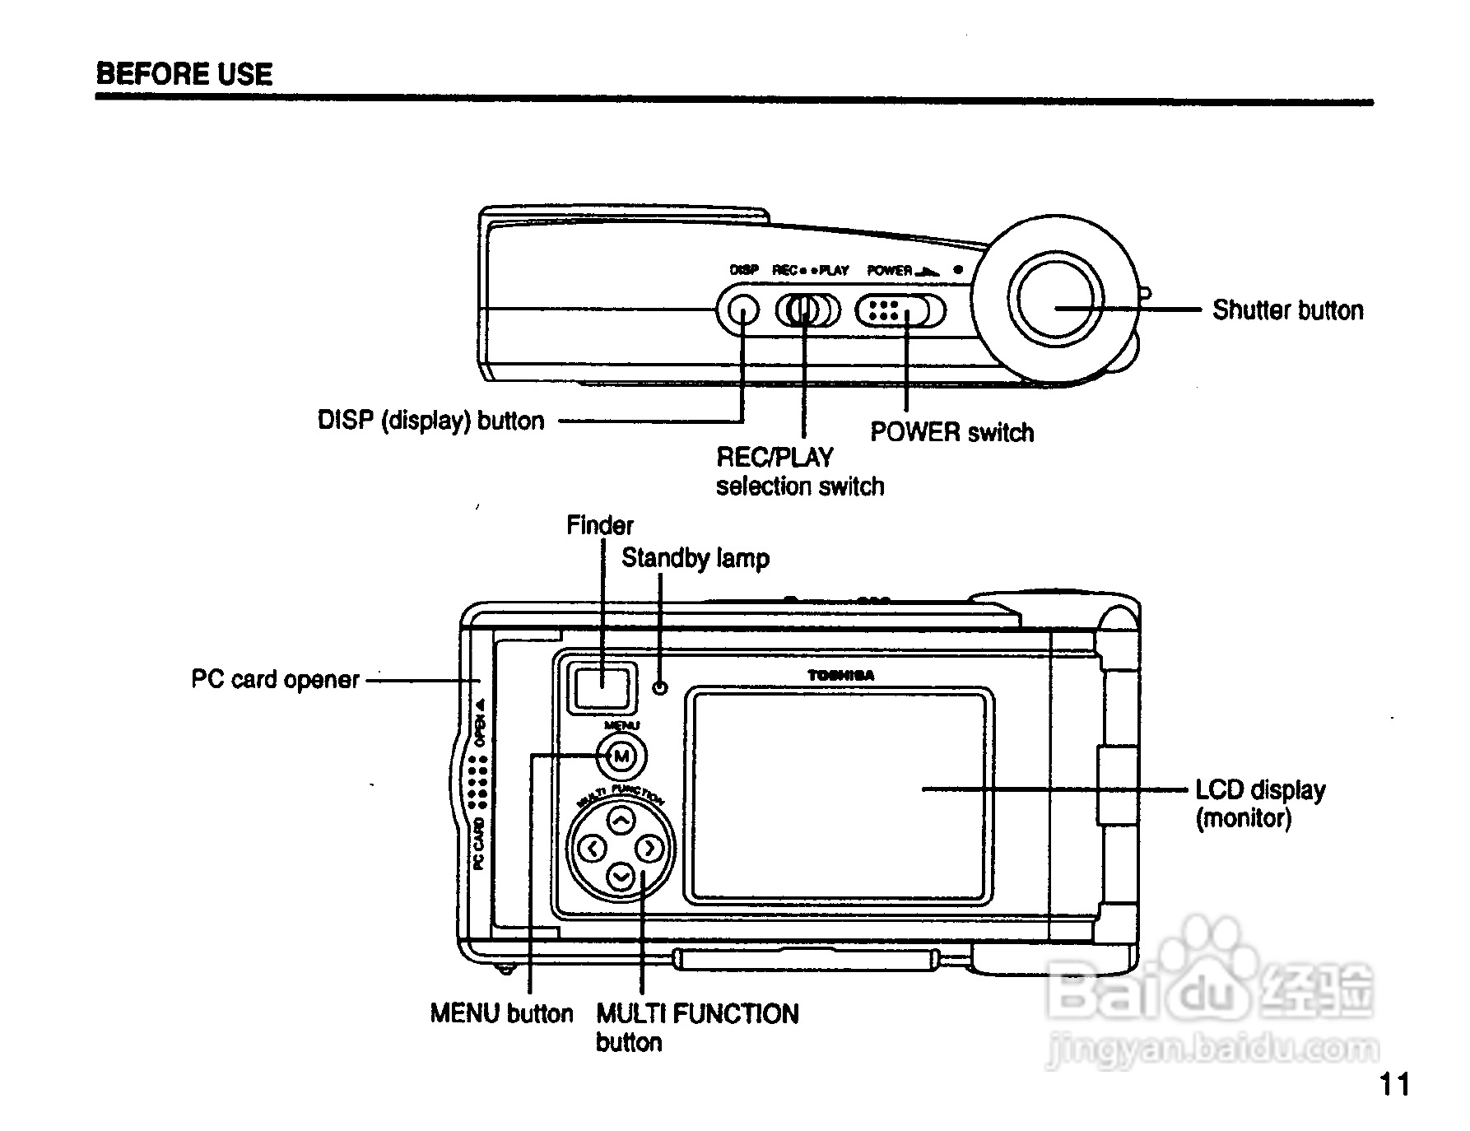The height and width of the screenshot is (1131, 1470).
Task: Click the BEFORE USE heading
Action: click(184, 74)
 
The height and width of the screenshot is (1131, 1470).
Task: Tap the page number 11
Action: click(1394, 1084)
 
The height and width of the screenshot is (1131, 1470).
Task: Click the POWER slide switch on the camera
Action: click(900, 310)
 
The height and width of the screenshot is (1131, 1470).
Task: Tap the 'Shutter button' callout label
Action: click(1287, 310)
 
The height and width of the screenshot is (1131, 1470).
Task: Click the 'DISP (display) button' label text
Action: click(430, 421)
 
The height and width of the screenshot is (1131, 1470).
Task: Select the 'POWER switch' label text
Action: click(951, 432)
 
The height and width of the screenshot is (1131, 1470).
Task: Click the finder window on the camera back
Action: click(602, 687)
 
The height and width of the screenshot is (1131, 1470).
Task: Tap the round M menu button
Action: click(621, 756)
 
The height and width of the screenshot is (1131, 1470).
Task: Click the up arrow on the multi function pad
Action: click(621, 820)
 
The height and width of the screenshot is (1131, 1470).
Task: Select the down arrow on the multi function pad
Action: click(621, 877)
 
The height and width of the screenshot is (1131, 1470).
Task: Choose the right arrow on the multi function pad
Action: click(649, 848)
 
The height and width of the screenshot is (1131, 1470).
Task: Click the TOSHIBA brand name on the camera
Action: click(840, 676)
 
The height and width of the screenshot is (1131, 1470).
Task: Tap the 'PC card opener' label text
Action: click(275, 680)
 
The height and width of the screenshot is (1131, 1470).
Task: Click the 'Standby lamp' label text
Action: click(695, 558)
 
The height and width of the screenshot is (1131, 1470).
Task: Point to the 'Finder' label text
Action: click(600, 525)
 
